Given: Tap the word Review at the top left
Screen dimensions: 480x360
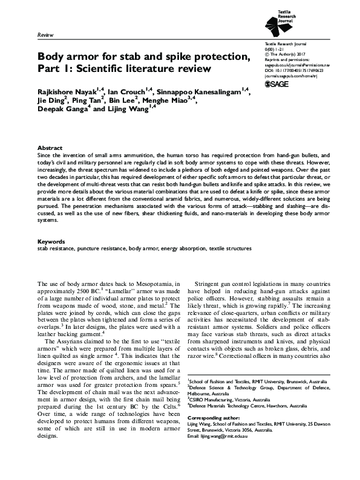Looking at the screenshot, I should [45, 36].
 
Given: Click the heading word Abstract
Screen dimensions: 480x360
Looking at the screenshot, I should [50, 148].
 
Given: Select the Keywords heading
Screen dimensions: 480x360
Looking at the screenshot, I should [51, 258].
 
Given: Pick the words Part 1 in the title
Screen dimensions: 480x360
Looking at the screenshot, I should [53, 69].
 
